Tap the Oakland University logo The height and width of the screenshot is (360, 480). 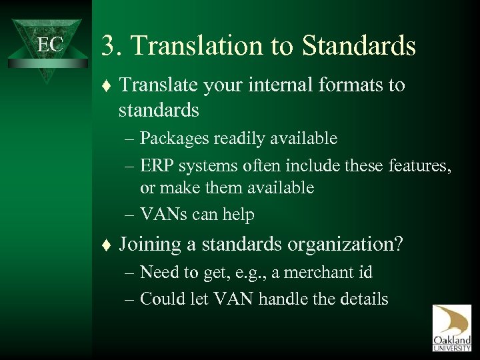[x=451, y=328]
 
